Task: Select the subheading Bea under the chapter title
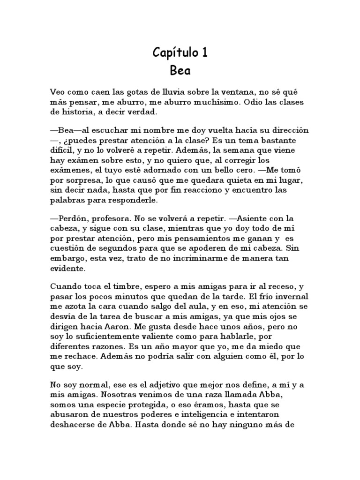click(x=180, y=72)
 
